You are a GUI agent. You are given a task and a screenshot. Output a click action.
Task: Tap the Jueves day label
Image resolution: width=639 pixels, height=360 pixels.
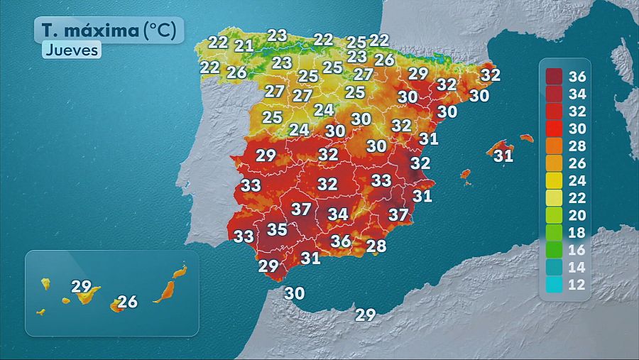pyautogui.click(x=72, y=50)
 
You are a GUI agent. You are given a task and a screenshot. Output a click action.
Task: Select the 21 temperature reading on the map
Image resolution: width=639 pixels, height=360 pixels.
pyautogui.click(x=244, y=46)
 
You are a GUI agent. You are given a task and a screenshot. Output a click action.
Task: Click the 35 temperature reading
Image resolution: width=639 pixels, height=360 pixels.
pyautogui.click(x=277, y=229)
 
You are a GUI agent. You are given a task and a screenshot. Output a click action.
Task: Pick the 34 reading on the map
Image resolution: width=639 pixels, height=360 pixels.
pyautogui.click(x=337, y=214)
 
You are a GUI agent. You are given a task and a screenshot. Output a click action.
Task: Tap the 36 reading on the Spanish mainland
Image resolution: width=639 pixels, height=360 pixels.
pyautogui.click(x=341, y=241)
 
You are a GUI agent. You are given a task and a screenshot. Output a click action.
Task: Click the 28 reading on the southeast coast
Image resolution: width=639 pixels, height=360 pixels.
pyautogui.click(x=376, y=246)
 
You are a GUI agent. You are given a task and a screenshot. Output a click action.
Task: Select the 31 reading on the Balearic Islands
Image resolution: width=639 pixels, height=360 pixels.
pyautogui.click(x=503, y=156)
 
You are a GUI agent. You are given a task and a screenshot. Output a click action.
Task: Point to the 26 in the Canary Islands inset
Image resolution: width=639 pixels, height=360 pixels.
pyautogui.click(x=127, y=302)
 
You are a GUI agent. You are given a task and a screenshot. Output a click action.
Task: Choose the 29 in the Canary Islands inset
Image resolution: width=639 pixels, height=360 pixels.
pyautogui.click(x=82, y=287)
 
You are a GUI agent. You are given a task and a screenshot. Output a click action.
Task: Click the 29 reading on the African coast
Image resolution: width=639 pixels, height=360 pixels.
pyautogui.click(x=365, y=315)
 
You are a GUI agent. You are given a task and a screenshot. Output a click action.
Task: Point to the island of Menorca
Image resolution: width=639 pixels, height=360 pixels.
pyautogui.click(x=526, y=138)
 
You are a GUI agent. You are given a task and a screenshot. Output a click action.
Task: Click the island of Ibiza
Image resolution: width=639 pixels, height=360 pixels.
pyautogui.click(x=466, y=173)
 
